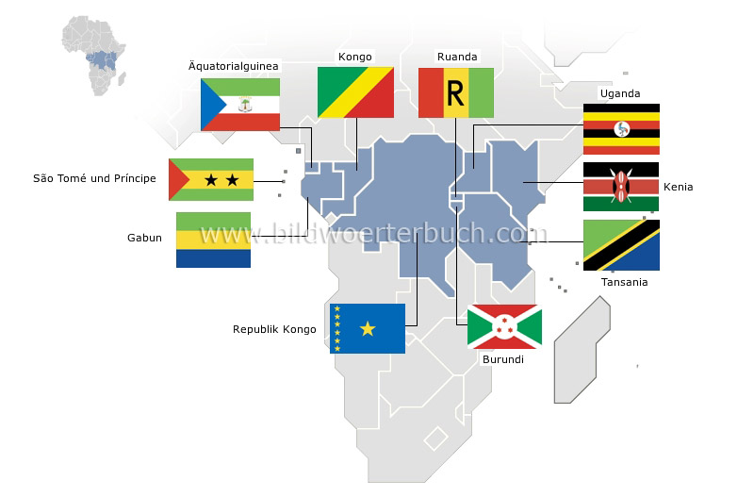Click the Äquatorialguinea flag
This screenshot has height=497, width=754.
pos(239,104)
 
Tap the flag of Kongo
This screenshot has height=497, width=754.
pos(355,92)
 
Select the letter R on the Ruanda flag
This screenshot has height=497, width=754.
pos(456,92)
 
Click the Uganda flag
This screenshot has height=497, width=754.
pos(621,128)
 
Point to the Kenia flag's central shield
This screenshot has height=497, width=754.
pos(621,187)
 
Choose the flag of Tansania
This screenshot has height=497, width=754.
pos(621,245)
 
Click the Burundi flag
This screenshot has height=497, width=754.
pos(504,326)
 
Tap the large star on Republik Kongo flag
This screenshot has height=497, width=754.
pos(368,328)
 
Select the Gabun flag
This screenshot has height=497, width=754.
pos(213,240)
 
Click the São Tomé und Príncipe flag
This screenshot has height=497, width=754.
pos(211,179)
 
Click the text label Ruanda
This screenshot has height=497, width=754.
pos(455,57)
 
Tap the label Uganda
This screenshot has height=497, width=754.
pos(620,93)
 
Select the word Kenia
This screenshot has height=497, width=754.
pos(678,187)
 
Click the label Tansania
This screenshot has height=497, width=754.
pos(624,282)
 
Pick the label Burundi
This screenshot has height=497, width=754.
pos(503,359)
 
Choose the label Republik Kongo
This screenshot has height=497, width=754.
pos(274,329)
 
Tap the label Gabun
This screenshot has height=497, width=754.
pos(144,239)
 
